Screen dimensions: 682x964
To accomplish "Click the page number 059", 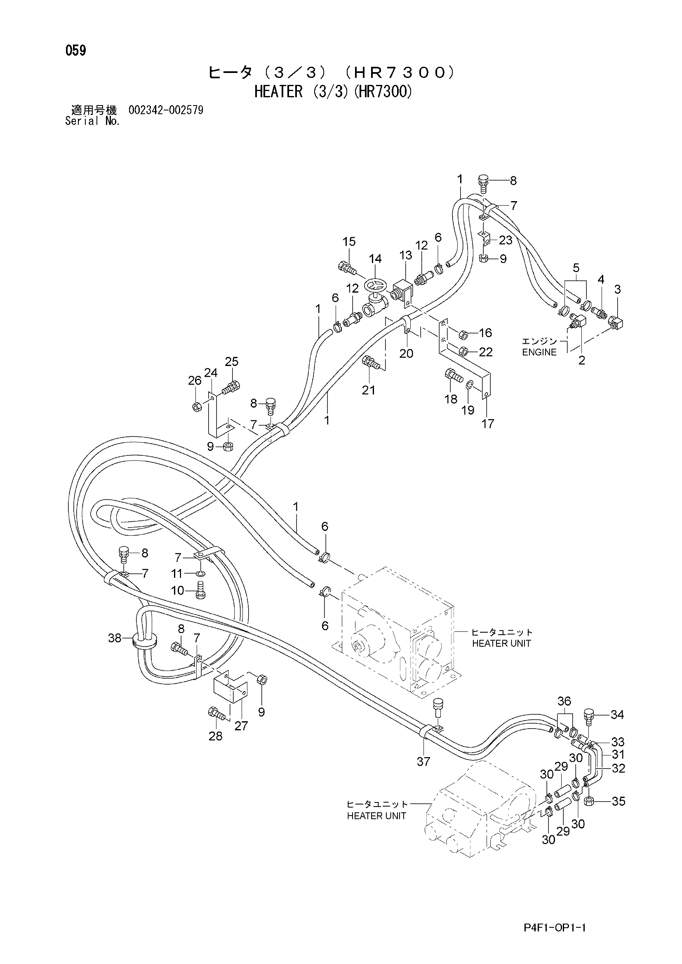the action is coord(75,51).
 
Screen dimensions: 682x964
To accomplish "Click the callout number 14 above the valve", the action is coord(375,259).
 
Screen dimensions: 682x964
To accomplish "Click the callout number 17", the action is coord(487,424).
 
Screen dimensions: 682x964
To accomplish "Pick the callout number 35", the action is coord(619,801).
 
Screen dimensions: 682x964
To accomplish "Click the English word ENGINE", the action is coord(539,352).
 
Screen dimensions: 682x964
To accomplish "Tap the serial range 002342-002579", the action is coord(166,110).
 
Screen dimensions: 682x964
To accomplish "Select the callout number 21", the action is coord(368,390).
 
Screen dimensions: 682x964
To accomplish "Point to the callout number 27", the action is coord(241,725).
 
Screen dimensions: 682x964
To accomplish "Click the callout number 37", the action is coord(423,761).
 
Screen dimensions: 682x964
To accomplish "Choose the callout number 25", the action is coord(231,361).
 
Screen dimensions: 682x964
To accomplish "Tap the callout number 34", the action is coord(617,714).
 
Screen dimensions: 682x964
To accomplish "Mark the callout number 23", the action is coord(506,240).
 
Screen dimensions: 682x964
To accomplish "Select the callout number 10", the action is coord(178,591).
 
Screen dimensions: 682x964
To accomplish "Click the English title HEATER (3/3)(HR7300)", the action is coord(333,91).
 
